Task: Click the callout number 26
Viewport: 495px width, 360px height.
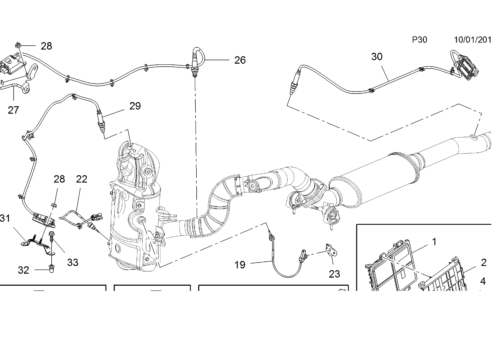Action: pos(240,60)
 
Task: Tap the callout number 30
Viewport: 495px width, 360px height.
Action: pos(377,57)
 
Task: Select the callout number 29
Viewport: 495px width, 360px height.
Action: pos(135,106)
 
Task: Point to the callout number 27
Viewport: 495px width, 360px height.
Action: pos(14,110)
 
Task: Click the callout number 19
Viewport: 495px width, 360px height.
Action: pos(240,265)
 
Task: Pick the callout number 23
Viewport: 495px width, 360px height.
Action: pos(335,274)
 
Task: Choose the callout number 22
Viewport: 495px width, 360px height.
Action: pos(82,179)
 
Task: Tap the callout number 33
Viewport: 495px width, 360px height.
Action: pos(73,263)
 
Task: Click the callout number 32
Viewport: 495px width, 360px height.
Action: pos(23,270)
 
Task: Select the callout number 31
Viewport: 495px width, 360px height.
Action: pos(5,218)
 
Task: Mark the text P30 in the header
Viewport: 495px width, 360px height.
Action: pos(420,40)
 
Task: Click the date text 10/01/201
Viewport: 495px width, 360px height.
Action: pos(472,40)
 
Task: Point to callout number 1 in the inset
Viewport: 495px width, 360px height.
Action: pos(434,242)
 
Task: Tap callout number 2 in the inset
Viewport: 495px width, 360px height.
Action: pos(484,263)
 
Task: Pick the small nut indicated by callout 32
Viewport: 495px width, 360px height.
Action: pos(52,269)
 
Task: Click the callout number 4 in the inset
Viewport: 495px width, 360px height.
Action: pos(483,281)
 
